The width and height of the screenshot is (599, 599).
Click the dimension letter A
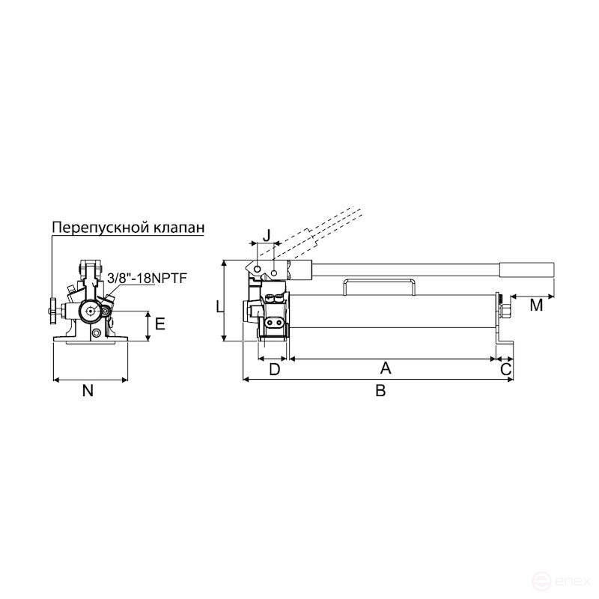pos(386,368)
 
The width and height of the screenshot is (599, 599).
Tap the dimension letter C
pos(505,368)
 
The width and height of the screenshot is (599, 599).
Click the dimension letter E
pos(159,325)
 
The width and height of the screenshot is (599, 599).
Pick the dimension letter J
pos(266,234)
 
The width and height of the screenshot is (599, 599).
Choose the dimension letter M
pos(536,305)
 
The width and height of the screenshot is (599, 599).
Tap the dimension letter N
pos(88,390)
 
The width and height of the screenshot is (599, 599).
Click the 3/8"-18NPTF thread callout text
pos(146,278)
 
